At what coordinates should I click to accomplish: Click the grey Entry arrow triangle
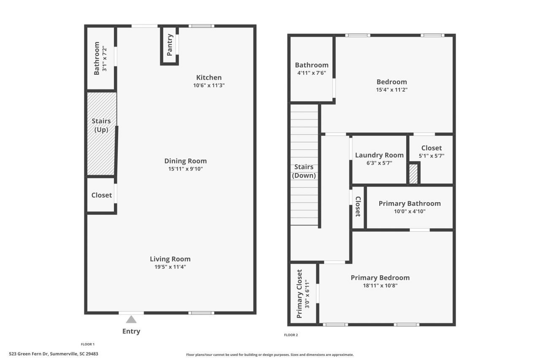tap(131, 319)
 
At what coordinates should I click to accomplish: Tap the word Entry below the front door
tap(131, 331)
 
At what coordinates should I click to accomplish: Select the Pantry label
tap(170, 45)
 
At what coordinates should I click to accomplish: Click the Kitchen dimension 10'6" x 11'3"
tap(209, 85)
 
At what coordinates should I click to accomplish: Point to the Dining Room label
tap(185, 161)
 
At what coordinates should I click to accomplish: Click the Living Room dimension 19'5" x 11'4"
tap(170, 267)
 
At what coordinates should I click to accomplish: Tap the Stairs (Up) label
tap(101, 125)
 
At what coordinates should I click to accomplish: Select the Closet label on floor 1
tap(102, 195)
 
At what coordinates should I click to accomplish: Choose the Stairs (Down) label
tap(304, 171)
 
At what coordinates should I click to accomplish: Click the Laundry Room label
tap(379, 155)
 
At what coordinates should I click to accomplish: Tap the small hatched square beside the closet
tap(413, 174)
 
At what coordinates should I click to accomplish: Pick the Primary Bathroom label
tap(409, 203)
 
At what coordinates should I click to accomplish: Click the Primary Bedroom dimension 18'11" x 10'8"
tap(380, 285)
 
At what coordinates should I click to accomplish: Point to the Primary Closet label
tap(300, 294)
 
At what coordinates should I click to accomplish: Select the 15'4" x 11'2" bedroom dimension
tap(391, 89)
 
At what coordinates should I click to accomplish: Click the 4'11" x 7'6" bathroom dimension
tap(311, 73)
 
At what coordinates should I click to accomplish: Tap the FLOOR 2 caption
tap(291, 335)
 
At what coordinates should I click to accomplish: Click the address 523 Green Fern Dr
tap(53, 354)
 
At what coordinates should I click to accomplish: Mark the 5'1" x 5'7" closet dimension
tap(431, 155)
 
